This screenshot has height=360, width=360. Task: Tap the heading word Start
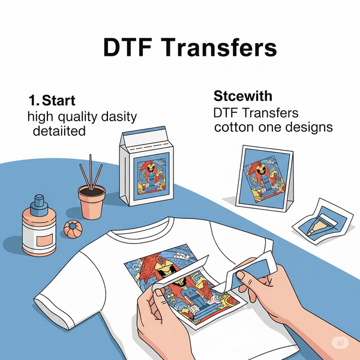click(59, 100)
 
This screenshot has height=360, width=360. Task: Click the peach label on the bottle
click(43, 241)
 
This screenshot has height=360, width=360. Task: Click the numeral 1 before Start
click(31, 100)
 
